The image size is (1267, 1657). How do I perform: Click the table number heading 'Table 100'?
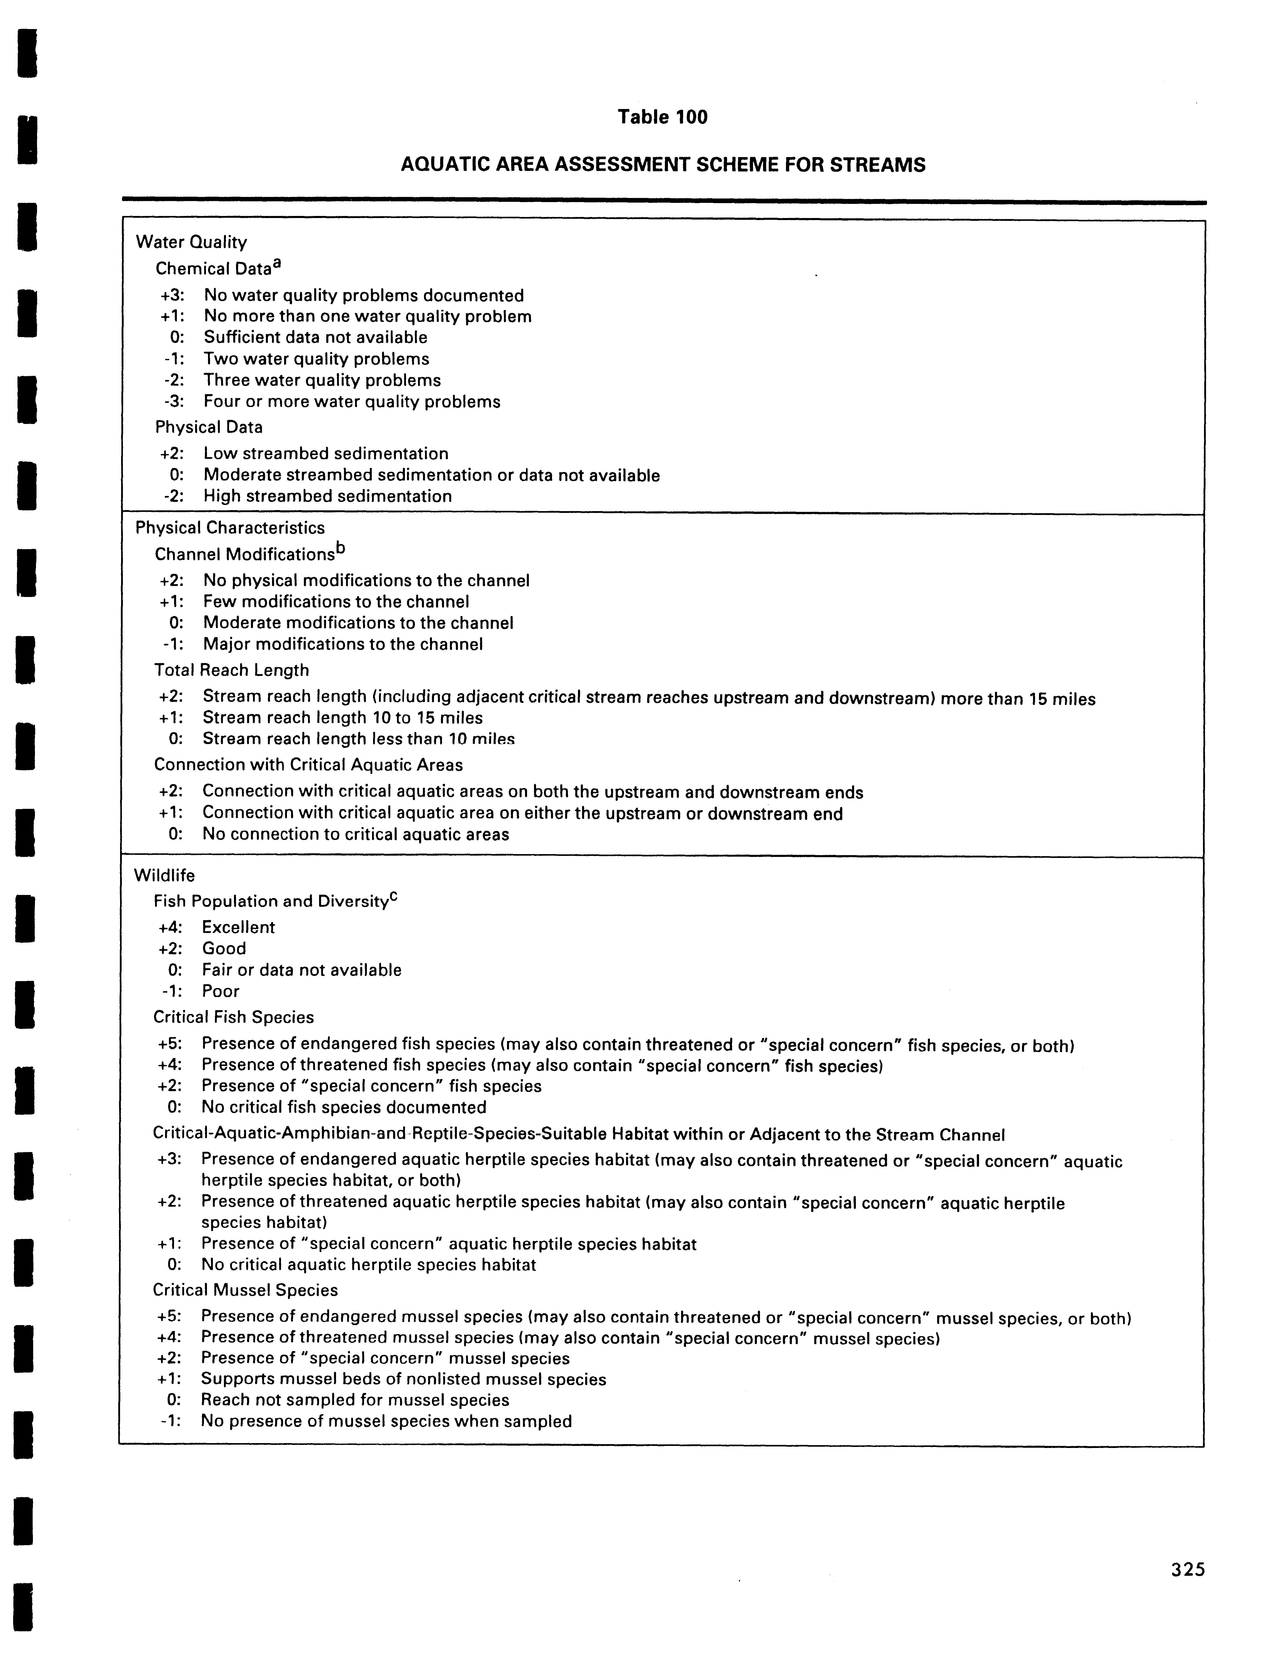(662, 117)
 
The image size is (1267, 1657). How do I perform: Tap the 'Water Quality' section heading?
(192, 242)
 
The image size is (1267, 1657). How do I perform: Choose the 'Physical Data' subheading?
(209, 427)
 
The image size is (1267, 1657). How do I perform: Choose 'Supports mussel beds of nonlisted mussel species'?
(403, 1379)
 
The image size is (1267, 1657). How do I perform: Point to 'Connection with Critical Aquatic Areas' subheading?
(309, 765)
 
